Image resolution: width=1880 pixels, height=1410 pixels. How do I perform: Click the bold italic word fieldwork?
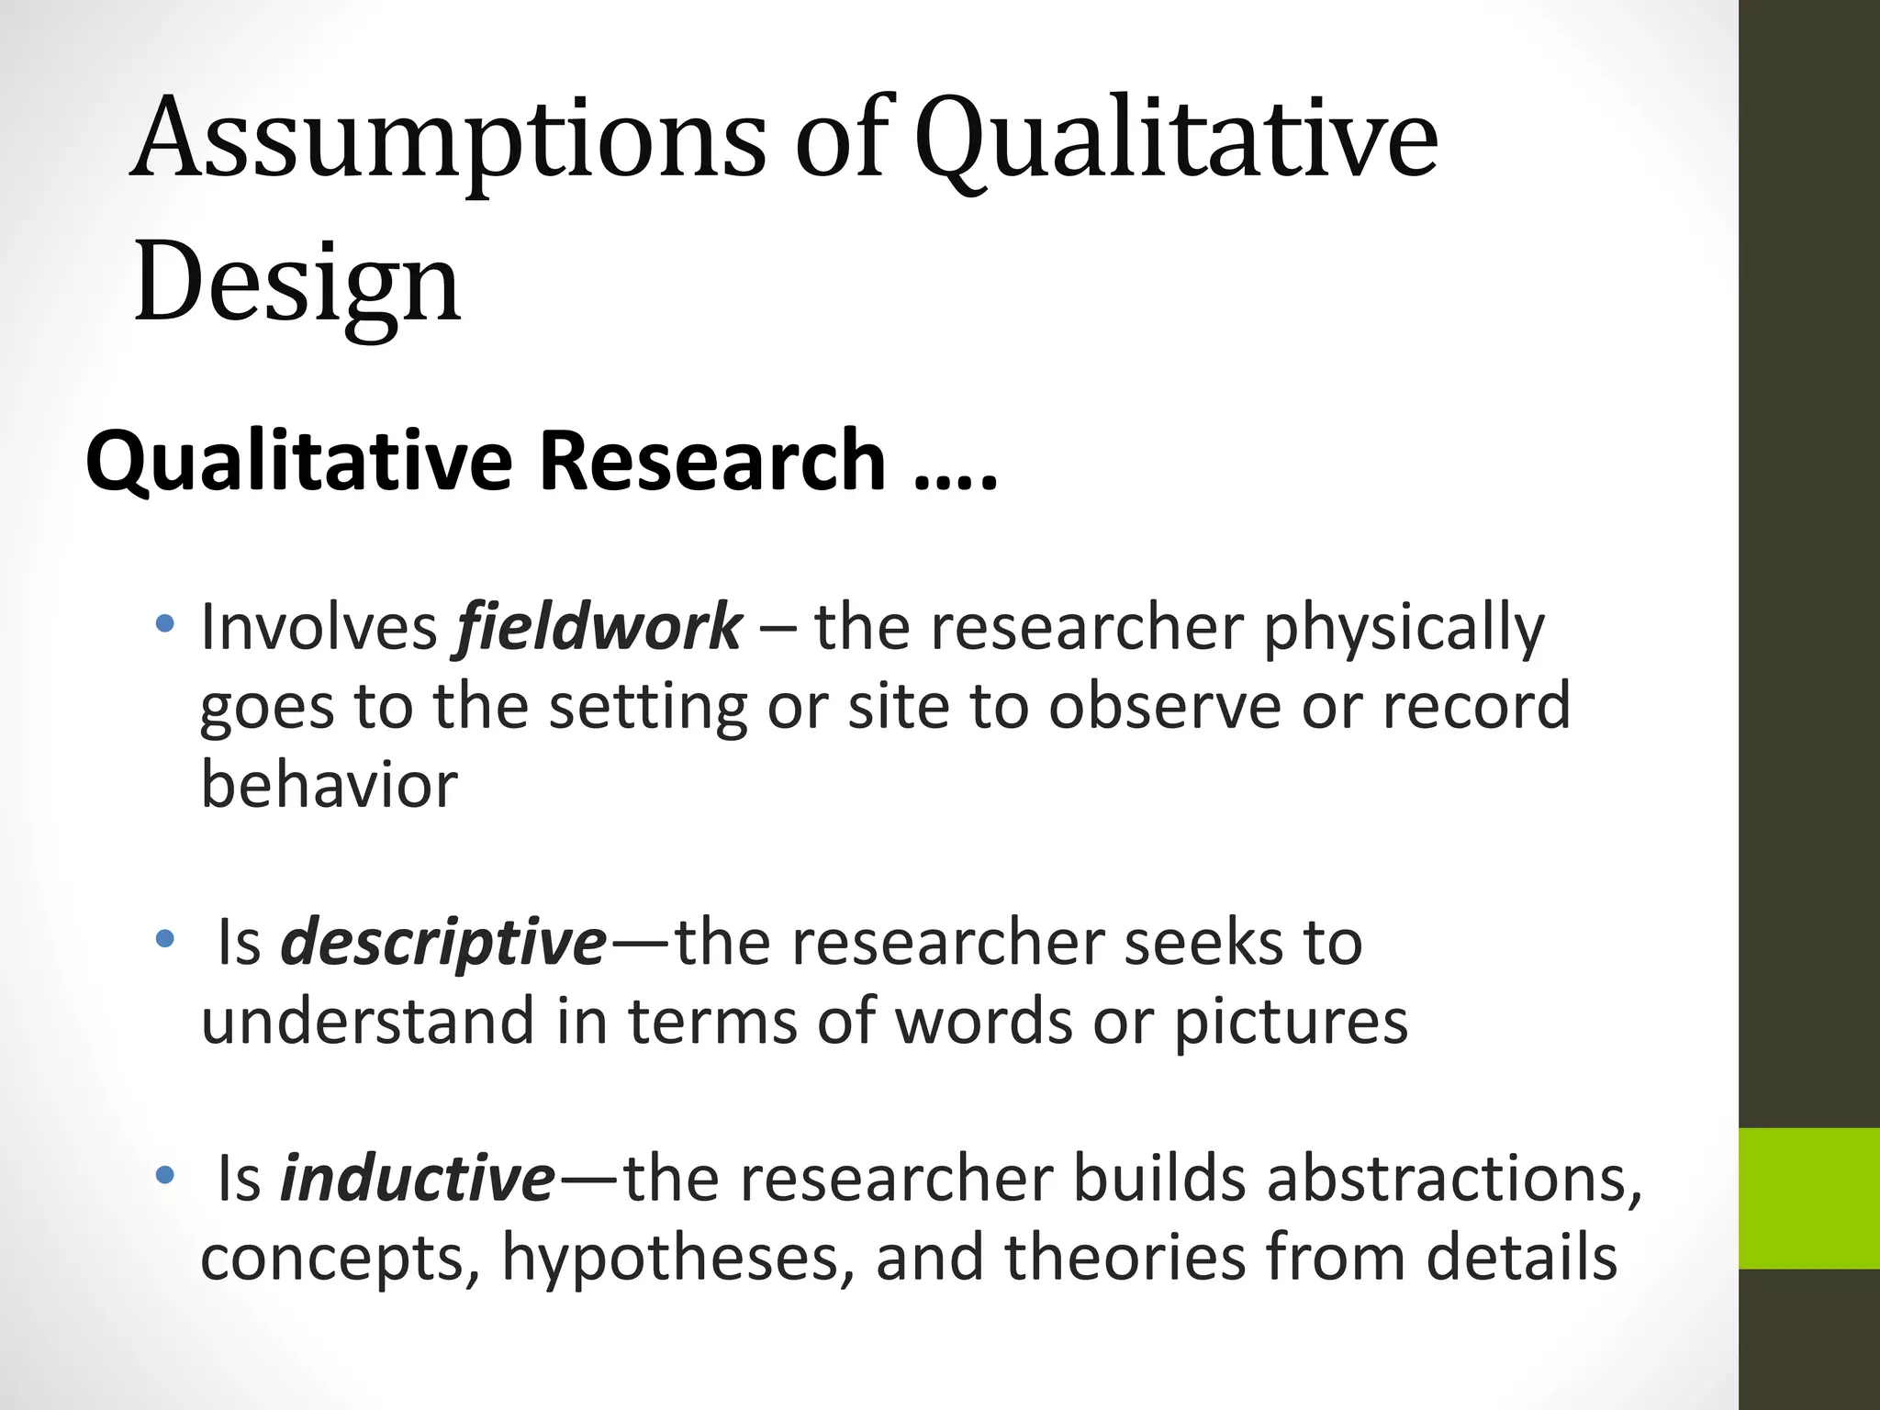(x=598, y=628)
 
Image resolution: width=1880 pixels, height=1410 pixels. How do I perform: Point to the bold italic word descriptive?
(x=443, y=944)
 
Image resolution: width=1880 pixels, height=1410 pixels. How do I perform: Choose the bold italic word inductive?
(x=418, y=1180)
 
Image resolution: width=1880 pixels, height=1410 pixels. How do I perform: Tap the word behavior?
(x=329, y=786)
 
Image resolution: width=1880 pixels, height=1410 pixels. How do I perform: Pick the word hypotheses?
(x=671, y=1259)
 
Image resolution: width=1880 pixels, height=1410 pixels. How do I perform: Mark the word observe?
(x=1164, y=707)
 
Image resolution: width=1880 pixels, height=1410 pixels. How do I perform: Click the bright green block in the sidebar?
(x=1808, y=1198)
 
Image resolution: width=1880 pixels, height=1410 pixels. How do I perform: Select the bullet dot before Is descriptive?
(x=164, y=939)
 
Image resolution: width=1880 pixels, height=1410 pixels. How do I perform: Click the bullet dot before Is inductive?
(x=164, y=1175)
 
